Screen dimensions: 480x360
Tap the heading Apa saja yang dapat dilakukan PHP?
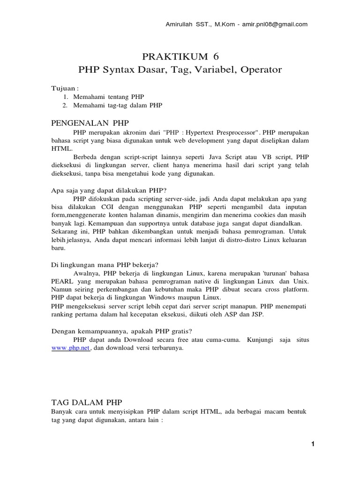click(109, 190)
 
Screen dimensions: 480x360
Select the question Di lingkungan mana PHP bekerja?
click(107, 264)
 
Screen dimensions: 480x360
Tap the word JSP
click(257, 315)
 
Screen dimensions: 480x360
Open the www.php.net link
click(70, 348)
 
